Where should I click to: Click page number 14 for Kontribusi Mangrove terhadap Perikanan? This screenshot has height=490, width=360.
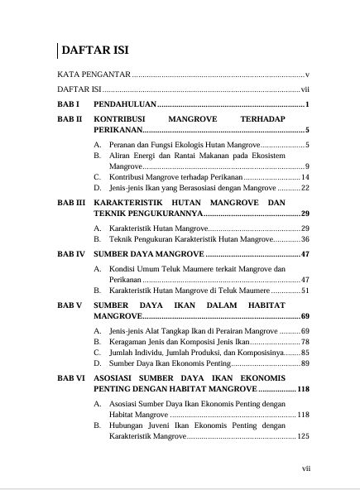tap(305, 177)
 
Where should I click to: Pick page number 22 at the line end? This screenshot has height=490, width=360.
tap(305, 189)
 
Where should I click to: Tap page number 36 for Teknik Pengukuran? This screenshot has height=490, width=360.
tap(305, 239)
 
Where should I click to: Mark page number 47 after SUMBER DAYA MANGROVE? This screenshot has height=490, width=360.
tap(305, 253)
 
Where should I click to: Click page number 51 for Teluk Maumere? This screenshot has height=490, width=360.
tap(305, 291)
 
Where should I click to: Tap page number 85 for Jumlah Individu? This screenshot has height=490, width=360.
tap(305, 352)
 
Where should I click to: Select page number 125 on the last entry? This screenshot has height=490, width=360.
tap(303, 435)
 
